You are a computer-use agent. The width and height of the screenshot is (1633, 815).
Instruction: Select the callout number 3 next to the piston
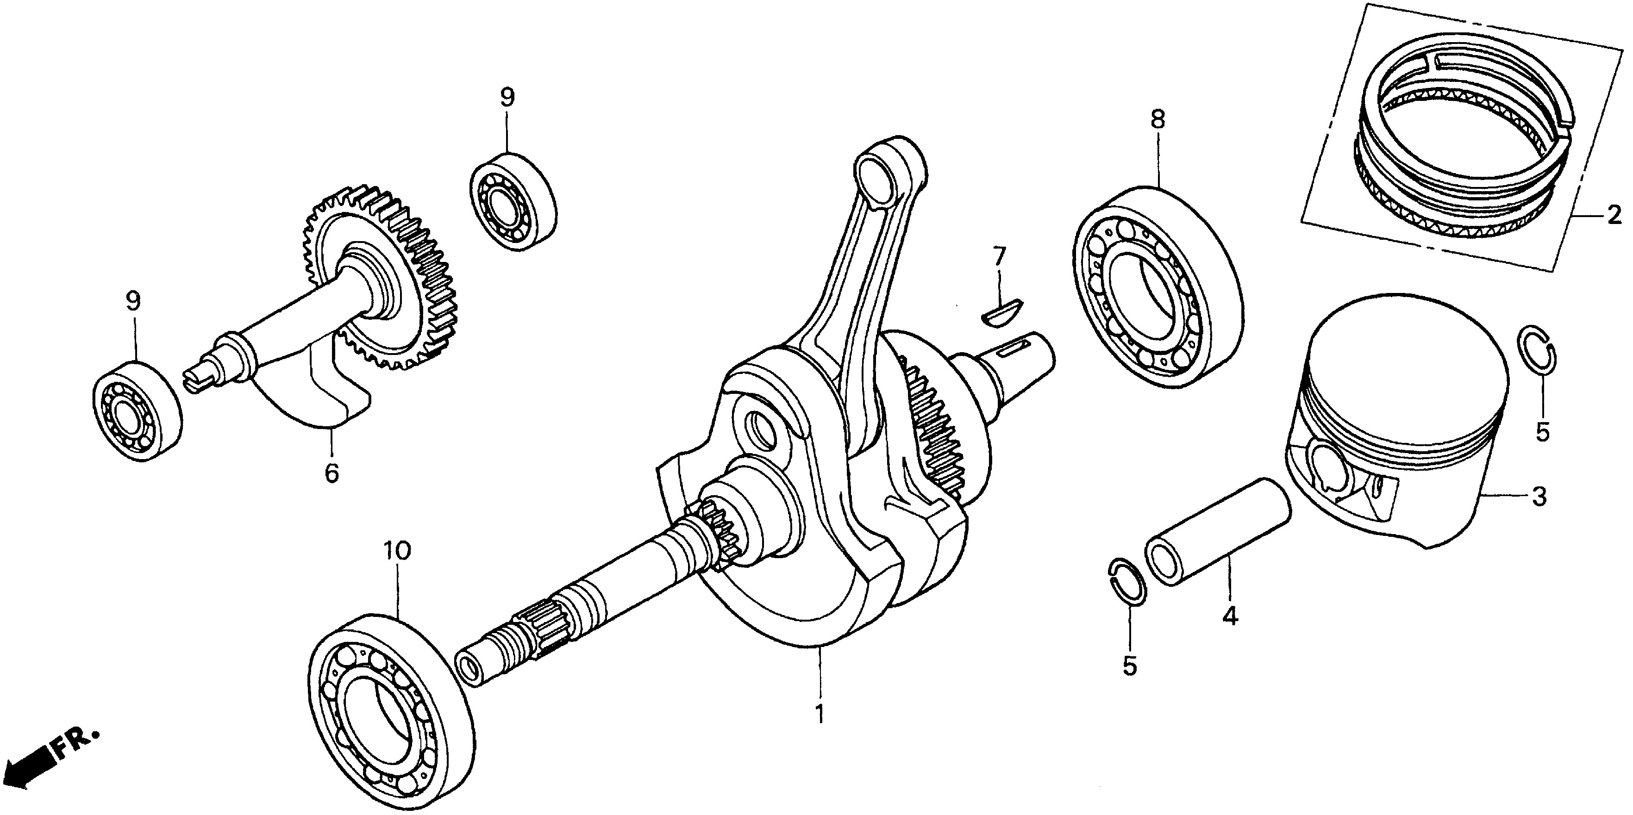tap(1539, 496)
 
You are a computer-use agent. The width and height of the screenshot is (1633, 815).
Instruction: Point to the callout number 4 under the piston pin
tap(1230, 616)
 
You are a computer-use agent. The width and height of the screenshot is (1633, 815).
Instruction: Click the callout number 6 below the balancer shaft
tap(332, 473)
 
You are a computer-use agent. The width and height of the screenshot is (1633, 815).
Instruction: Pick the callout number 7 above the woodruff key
tap(999, 257)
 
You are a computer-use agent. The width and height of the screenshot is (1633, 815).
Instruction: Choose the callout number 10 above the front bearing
tap(397, 551)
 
